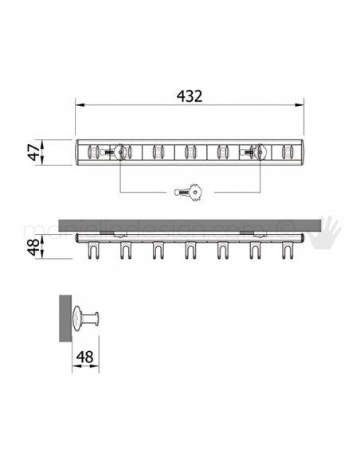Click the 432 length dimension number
(190, 96)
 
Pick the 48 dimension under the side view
(85, 358)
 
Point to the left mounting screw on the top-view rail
(120, 151)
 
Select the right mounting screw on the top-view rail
(257, 151)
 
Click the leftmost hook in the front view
(91, 250)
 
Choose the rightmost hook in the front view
(287, 250)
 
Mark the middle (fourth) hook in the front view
(190, 250)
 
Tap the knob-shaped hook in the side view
(86, 318)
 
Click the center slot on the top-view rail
(190, 151)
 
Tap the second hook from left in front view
(124, 250)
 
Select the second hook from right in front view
(255, 250)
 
